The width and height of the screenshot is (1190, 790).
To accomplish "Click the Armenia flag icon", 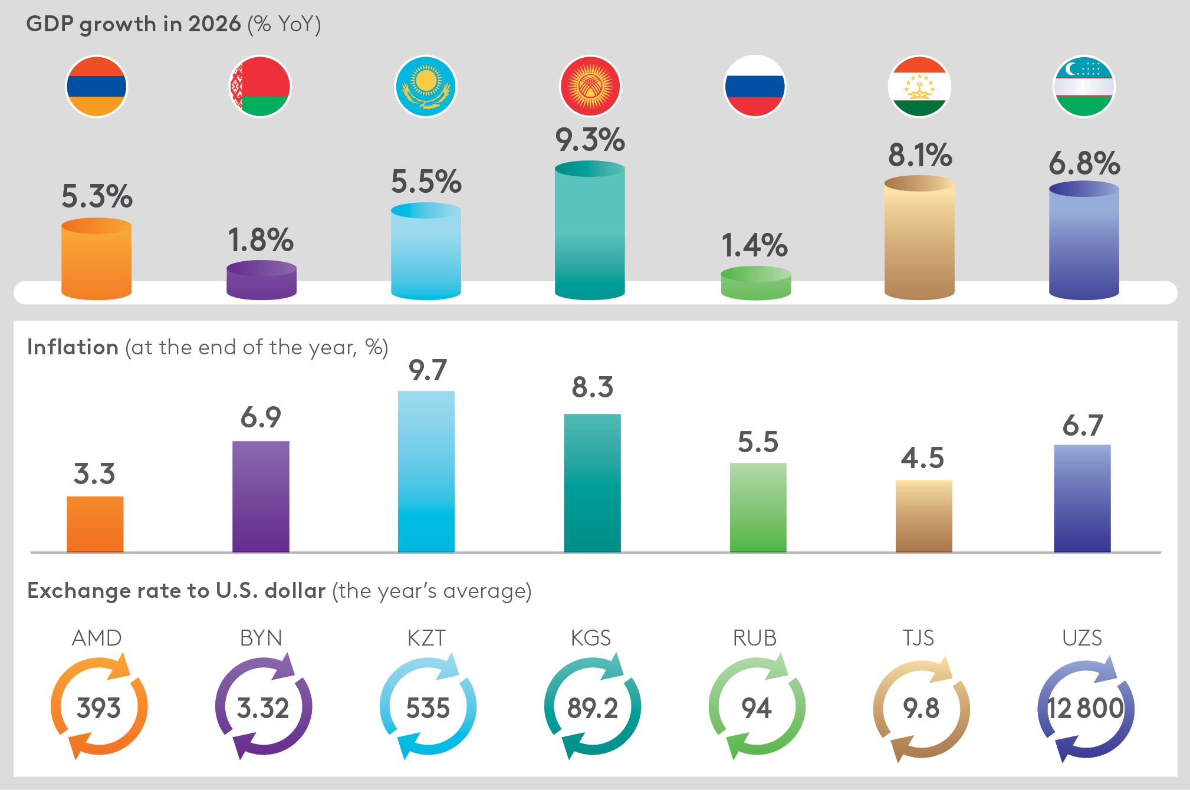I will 96,87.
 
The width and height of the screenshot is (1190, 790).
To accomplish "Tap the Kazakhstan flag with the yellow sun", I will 425,87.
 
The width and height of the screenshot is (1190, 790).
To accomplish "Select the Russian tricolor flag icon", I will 754,87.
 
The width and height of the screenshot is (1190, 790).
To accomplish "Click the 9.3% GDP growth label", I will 590,140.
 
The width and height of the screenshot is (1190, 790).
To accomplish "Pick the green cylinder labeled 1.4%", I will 755,284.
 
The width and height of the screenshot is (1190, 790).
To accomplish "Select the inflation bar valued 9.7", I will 426,471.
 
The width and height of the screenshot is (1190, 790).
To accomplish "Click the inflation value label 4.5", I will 922,458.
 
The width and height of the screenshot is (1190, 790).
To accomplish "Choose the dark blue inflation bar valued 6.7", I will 1082,498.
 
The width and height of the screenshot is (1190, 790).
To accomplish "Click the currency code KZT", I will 426,638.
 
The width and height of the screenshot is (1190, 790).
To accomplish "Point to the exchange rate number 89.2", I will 592,708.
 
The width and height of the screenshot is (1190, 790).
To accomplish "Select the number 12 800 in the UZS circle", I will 1085,708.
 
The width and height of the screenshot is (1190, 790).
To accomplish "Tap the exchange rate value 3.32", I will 263,708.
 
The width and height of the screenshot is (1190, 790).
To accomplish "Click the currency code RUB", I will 754,638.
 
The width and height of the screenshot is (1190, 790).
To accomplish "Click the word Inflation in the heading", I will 73,347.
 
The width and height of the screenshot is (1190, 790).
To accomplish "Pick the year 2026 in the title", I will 214,24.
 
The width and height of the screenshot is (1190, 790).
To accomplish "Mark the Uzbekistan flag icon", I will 1083,87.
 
